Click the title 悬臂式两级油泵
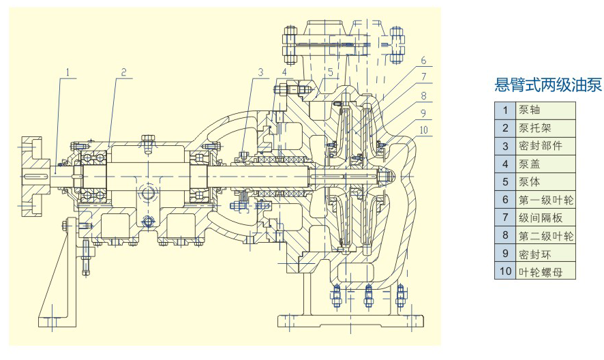pos(548,85)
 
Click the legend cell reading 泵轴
pos(530,110)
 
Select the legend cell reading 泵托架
pos(534,127)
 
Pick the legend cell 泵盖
pos(530,164)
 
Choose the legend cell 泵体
pos(530,182)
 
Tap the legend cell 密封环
pos(534,254)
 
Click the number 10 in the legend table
pos(505,272)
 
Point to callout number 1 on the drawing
pos(68,71)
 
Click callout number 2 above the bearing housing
pos(123,71)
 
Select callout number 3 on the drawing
pos(260,71)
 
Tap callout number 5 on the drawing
pos(330,71)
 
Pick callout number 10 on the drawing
pos(423,130)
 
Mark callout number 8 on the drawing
pos(423,95)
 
